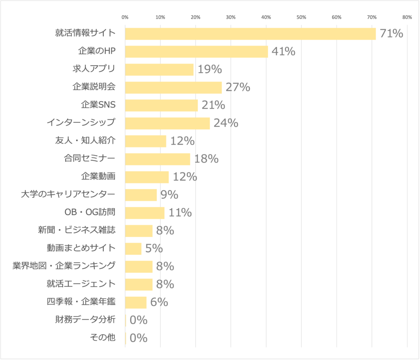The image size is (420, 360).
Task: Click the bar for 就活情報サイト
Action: click(x=250, y=34)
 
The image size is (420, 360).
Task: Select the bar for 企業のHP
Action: click(x=196, y=52)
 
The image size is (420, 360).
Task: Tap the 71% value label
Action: click(x=391, y=34)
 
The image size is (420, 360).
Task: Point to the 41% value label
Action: click(x=283, y=52)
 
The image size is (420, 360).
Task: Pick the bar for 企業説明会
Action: click(x=173, y=87)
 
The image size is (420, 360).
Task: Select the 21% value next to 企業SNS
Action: click(x=213, y=105)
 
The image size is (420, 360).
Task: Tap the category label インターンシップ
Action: click(x=81, y=122)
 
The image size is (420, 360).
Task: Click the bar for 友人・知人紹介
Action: click(x=146, y=141)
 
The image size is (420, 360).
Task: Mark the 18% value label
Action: click(x=206, y=159)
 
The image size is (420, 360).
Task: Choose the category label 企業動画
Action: click(x=98, y=177)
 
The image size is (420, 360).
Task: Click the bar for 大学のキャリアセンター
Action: click(x=141, y=195)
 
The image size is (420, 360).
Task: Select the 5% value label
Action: click(x=154, y=248)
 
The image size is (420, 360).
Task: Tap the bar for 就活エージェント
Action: click(x=139, y=284)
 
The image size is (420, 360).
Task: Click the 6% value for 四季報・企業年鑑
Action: click(x=159, y=302)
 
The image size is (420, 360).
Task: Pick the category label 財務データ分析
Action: click(x=85, y=319)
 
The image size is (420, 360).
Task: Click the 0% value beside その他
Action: click(x=138, y=338)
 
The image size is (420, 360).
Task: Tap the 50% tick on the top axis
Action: click(x=301, y=17)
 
